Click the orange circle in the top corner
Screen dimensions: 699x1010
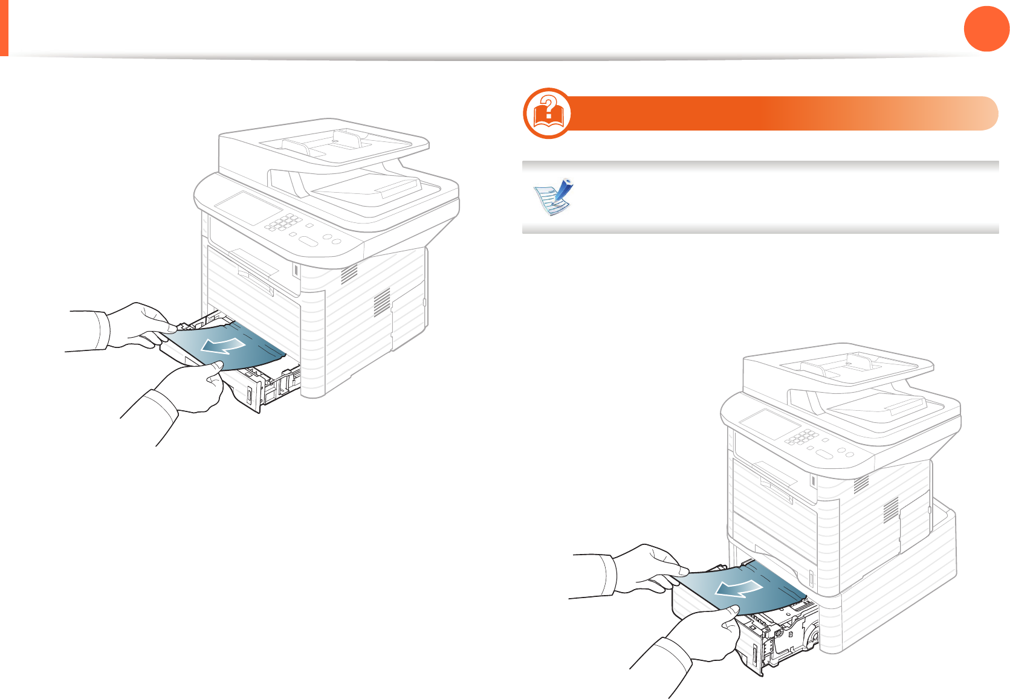(x=986, y=28)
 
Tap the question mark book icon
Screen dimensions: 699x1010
(x=548, y=113)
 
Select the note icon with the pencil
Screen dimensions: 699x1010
(x=552, y=197)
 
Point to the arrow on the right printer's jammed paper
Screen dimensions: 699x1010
(x=737, y=587)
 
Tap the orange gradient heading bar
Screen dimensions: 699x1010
(x=780, y=113)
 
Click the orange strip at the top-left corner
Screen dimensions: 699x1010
(x=4, y=28)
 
